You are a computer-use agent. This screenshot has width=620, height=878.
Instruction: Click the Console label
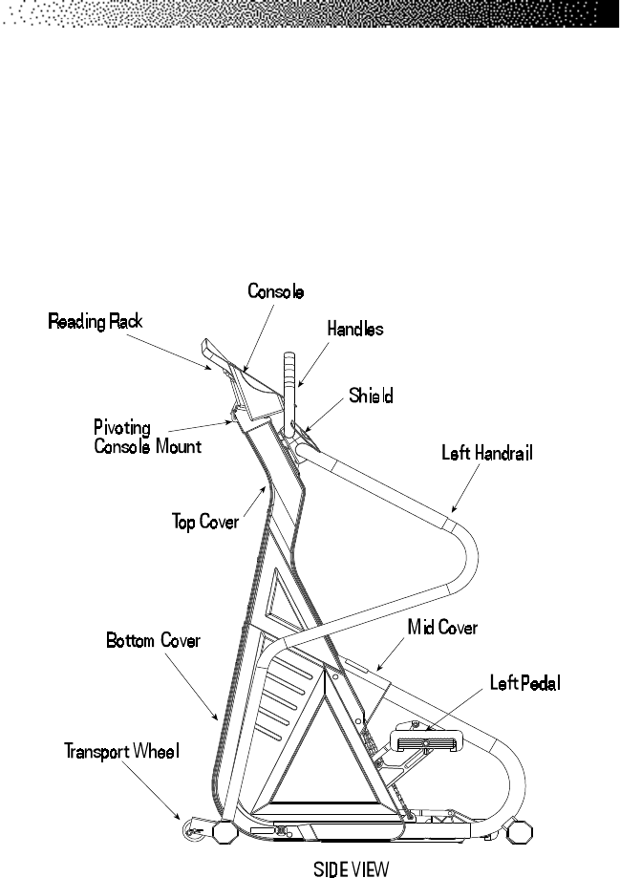pyautogui.click(x=276, y=290)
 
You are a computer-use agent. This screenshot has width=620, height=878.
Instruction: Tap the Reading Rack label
pyautogui.click(x=96, y=322)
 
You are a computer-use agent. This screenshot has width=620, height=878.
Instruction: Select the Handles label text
pyautogui.click(x=354, y=329)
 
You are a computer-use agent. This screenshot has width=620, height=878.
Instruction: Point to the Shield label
pyautogui.click(x=371, y=395)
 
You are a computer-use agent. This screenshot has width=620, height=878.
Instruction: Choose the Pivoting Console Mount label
pyautogui.click(x=146, y=437)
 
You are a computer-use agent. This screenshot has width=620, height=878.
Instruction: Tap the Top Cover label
pyautogui.click(x=204, y=523)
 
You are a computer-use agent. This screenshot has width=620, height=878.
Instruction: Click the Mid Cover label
pyautogui.click(x=442, y=628)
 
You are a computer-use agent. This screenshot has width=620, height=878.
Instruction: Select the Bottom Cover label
pyautogui.click(x=153, y=641)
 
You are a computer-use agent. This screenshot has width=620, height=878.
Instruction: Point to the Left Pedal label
pyautogui.click(x=524, y=683)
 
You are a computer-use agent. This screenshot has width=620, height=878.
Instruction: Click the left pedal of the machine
pyautogui.click(x=426, y=740)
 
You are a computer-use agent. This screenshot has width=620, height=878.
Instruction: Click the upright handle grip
pyautogui.click(x=289, y=368)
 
